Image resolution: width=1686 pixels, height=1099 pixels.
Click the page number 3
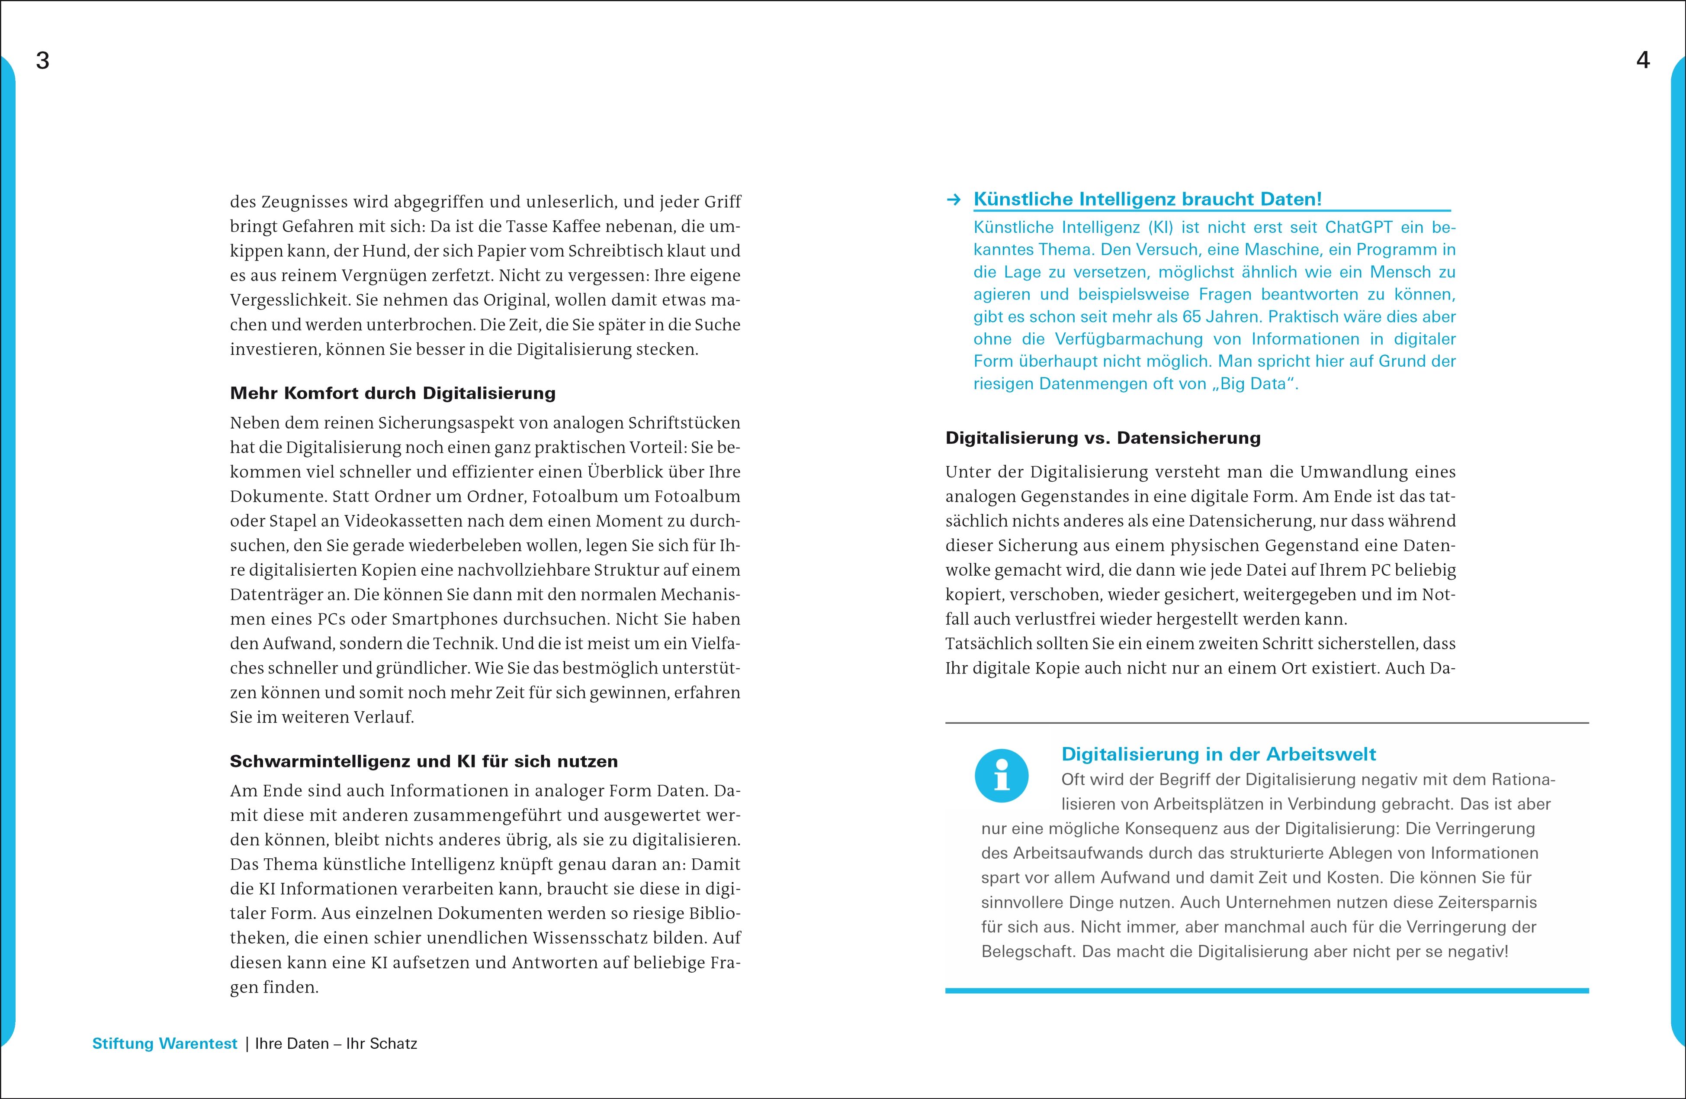[42, 61]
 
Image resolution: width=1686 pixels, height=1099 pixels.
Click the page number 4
[1643, 61]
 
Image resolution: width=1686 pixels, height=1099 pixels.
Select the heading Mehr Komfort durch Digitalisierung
[392, 393]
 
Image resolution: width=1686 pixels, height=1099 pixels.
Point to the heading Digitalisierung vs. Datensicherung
[1103, 438]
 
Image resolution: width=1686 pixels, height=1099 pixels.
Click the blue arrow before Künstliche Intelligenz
[954, 200]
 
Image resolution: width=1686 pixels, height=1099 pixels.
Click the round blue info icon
[1001, 776]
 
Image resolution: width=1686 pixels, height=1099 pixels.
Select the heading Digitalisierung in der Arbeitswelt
[1218, 754]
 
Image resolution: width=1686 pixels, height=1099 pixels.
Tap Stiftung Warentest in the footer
[164, 1044]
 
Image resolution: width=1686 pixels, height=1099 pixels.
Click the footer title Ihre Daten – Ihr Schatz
[336, 1044]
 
